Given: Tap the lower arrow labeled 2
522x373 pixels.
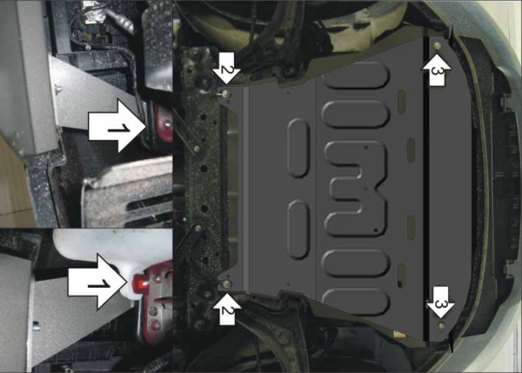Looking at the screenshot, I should point(225,308).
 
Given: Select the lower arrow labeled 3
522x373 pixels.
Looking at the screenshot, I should point(440,302).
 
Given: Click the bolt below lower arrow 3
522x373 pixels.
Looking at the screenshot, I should point(443,324).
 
